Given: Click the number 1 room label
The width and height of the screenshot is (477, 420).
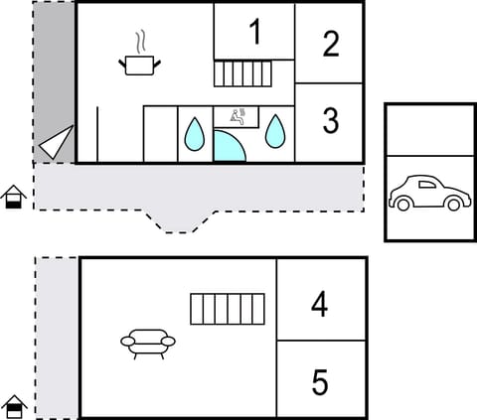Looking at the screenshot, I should [254, 32].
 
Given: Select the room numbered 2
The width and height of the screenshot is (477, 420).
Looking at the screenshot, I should [331, 43].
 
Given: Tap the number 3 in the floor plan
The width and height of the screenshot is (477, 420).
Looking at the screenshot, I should [331, 121].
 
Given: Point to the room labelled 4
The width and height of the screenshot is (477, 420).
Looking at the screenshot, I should [319, 305].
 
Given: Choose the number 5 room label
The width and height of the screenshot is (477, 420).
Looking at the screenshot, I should [319, 382].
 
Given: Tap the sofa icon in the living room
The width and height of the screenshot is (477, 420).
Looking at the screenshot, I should [148, 342].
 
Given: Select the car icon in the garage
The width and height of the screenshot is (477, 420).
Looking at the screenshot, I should [427, 194].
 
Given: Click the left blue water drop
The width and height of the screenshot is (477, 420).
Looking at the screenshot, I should [195, 133].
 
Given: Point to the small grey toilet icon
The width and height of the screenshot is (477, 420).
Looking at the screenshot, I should [239, 115].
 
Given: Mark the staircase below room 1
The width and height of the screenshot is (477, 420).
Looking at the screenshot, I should [243, 74].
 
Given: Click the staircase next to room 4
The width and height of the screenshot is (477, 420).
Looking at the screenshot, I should [228, 309].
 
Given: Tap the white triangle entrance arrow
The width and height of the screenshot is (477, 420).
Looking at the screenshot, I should [57, 144].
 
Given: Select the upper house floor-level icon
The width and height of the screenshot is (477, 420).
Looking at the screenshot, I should [13, 198].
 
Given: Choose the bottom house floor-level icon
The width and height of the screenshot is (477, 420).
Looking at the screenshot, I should [13, 406].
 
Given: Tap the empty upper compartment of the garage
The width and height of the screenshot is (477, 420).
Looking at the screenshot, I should [427, 128].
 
